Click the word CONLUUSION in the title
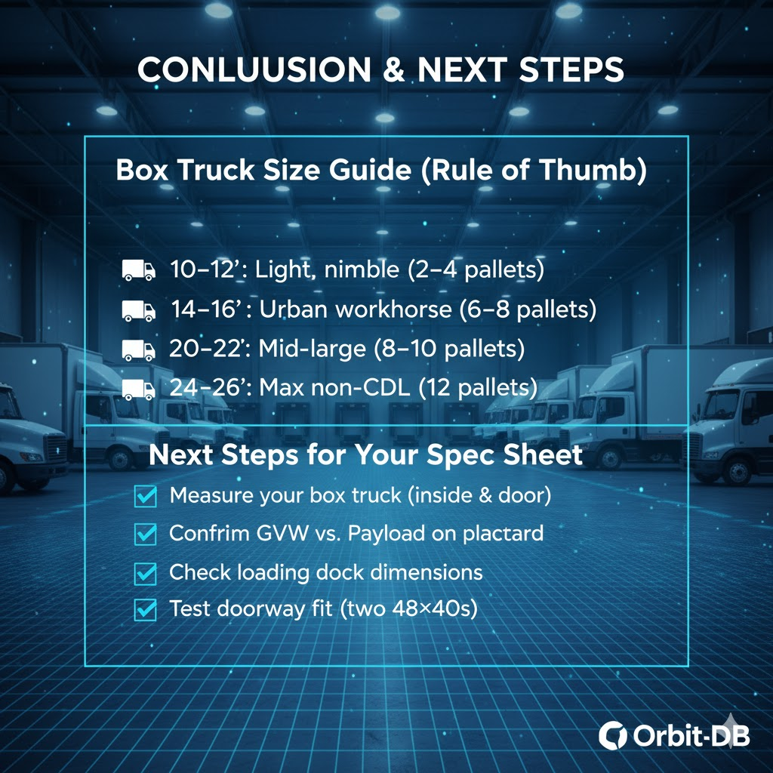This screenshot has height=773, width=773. (254, 69)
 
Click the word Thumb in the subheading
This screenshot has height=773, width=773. (593, 170)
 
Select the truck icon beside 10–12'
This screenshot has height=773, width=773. (139, 270)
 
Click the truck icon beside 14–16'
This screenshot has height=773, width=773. (139, 310)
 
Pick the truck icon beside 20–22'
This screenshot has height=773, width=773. (139, 350)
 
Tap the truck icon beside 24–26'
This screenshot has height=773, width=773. (139, 390)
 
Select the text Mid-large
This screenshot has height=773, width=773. (312, 349)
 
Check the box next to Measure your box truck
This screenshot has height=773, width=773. (146, 496)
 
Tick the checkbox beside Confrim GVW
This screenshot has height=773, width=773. (146, 534)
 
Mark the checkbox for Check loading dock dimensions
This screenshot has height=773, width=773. (146, 574)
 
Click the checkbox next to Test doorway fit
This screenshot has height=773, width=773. (146, 610)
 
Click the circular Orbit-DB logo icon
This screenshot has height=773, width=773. (612, 736)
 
